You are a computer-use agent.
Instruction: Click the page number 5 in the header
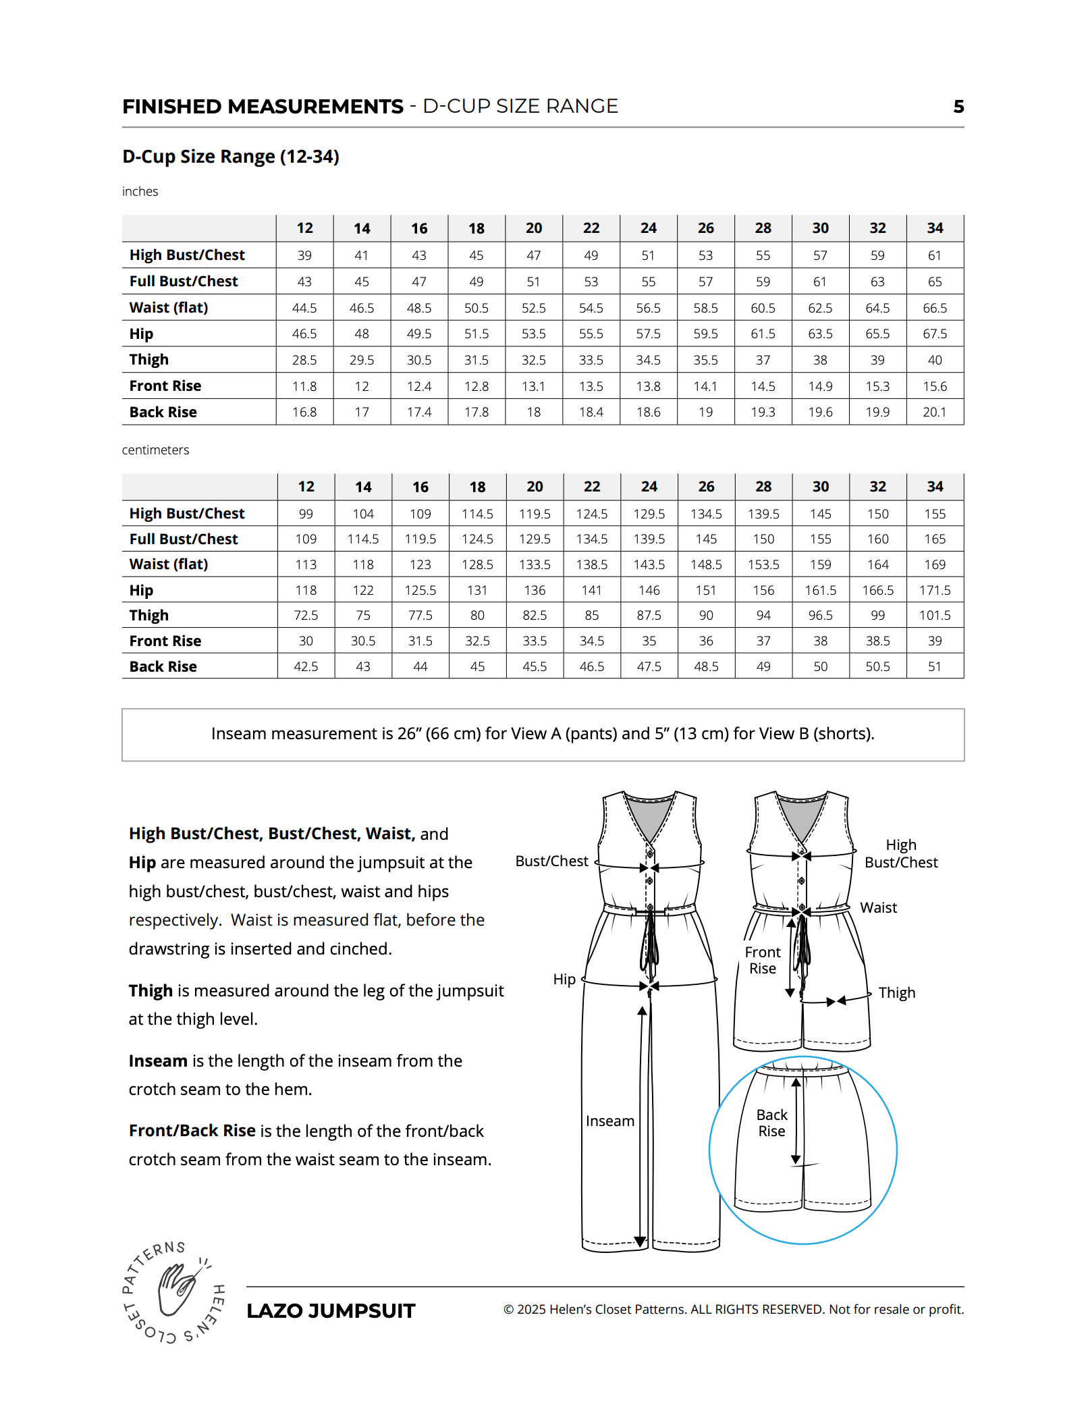(x=958, y=107)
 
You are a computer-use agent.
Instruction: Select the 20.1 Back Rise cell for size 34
(x=935, y=412)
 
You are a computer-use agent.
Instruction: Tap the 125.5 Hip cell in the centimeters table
(x=420, y=591)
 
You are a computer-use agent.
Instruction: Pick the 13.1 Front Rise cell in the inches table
(x=533, y=386)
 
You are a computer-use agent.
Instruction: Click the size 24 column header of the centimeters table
(x=649, y=487)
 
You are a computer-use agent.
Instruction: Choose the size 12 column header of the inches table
(x=305, y=228)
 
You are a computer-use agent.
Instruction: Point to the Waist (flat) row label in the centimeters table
(x=169, y=564)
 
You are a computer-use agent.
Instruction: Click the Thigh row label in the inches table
(x=149, y=360)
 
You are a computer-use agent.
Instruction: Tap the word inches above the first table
(x=140, y=192)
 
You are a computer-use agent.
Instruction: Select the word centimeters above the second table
(x=155, y=450)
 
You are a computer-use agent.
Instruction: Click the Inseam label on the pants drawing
(x=610, y=1121)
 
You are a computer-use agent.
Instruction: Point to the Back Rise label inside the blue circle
(x=771, y=1123)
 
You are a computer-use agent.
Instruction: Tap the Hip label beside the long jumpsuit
(x=564, y=980)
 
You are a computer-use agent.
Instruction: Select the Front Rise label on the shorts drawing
(x=763, y=961)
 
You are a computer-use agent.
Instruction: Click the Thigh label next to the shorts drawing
(x=897, y=993)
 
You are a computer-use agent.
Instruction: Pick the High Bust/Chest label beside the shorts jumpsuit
(x=901, y=854)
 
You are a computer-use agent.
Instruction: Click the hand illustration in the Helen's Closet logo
(x=177, y=1289)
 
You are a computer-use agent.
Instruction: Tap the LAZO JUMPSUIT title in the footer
(x=331, y=1311)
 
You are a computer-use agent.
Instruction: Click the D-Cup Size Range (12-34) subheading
(x=231, y=157)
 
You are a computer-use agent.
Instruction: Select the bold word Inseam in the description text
(x=158, y=1061)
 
